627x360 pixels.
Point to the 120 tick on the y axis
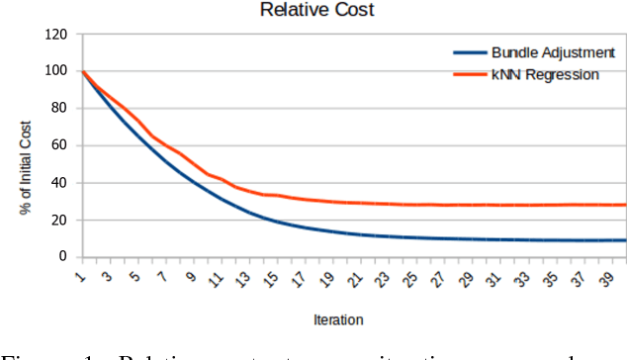56,35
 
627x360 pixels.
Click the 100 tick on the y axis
56,71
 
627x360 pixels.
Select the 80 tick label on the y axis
60,109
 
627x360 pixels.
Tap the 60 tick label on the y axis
60,145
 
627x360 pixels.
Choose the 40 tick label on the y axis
60,183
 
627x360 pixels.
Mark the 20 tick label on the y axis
60,220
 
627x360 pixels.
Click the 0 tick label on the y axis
64,257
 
